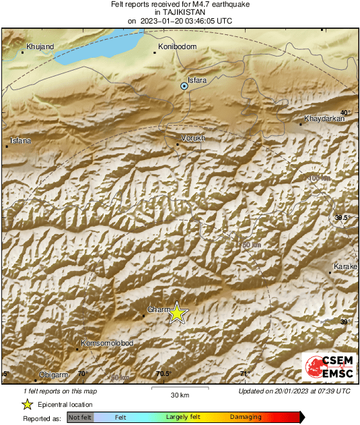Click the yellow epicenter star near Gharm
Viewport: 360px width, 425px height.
[x=177, y=313]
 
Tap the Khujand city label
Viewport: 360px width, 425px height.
[x=39, y=47]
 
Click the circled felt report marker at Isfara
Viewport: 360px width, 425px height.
[x=184, y=86]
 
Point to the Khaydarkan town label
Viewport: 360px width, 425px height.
[x=324, y=118]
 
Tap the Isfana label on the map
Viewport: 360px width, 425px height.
[x=19, y=141]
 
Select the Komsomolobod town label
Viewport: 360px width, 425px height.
[x=106, y=344]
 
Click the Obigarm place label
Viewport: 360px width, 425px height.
[x=53, y=373]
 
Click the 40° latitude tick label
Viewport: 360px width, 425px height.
[x=345, y=112]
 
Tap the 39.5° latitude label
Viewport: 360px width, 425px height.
[x=343, y=217]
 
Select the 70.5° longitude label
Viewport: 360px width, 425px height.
[x=164, y=374]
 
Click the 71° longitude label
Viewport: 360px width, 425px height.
[x=245, y=374]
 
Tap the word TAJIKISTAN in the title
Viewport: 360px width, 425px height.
[x=180, y=12]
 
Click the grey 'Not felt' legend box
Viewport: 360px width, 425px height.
[x=79, y=417]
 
